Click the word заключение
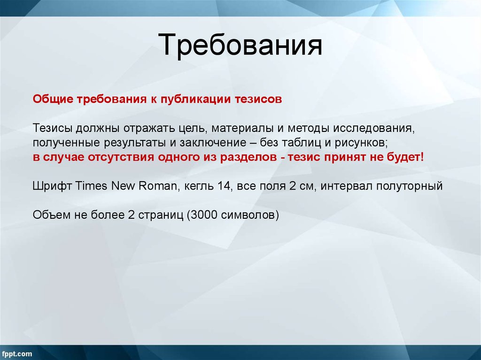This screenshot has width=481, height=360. tap(207, 143)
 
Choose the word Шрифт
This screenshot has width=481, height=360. tap(52, 185)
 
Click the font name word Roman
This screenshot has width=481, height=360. tap(157, 185)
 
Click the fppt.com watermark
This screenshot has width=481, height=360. tap(17, 353)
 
